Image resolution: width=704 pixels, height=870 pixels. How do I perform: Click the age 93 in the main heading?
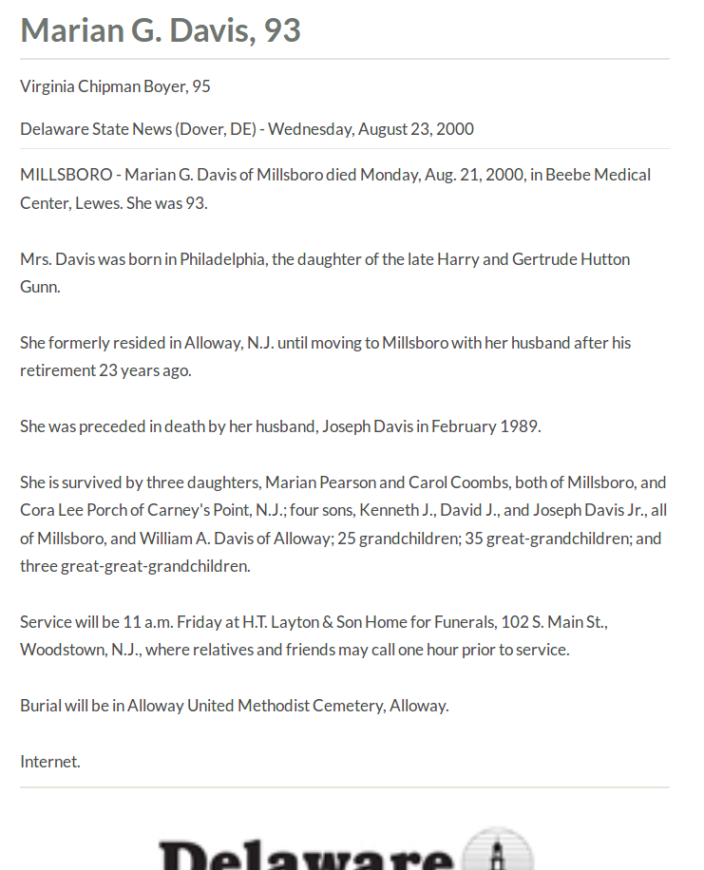[282, 30]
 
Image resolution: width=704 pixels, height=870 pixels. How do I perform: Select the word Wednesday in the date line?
[311, 129]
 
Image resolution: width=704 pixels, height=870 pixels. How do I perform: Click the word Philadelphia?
[222, 259]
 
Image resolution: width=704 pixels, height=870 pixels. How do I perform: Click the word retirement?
[57, 370]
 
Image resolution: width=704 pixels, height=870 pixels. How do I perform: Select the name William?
[167, 539]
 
